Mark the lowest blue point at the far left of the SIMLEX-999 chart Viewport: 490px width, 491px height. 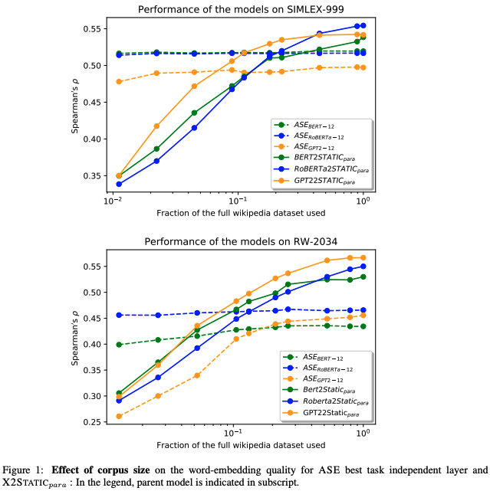[x=118, y=184]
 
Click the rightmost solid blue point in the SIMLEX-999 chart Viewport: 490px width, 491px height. [x=363, y=25]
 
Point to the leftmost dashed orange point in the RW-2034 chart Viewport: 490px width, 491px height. [x=118, y=416]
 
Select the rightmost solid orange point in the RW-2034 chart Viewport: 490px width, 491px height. [x=363, y=257]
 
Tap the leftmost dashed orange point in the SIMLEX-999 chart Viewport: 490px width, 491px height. [x=118, y=81]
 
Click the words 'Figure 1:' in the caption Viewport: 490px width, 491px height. [x=25, y=470]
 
